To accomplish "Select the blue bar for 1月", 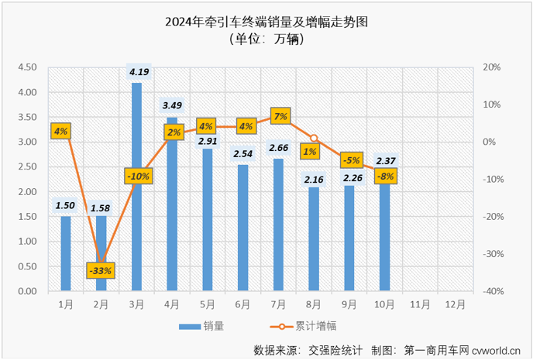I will pos(66,255).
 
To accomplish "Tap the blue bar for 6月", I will pos(243,232).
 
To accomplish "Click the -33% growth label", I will pos(101,270).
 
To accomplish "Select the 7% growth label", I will pos(280,117).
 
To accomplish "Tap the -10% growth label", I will pos(137,177).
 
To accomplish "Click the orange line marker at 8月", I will pos(315,139).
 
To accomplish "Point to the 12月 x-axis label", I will pos(455,304).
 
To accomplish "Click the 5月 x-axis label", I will pos(208,304).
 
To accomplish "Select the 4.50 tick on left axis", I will pos(26,67).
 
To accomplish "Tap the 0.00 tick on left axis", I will pos(26,291).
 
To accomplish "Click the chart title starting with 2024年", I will pos(266,22).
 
